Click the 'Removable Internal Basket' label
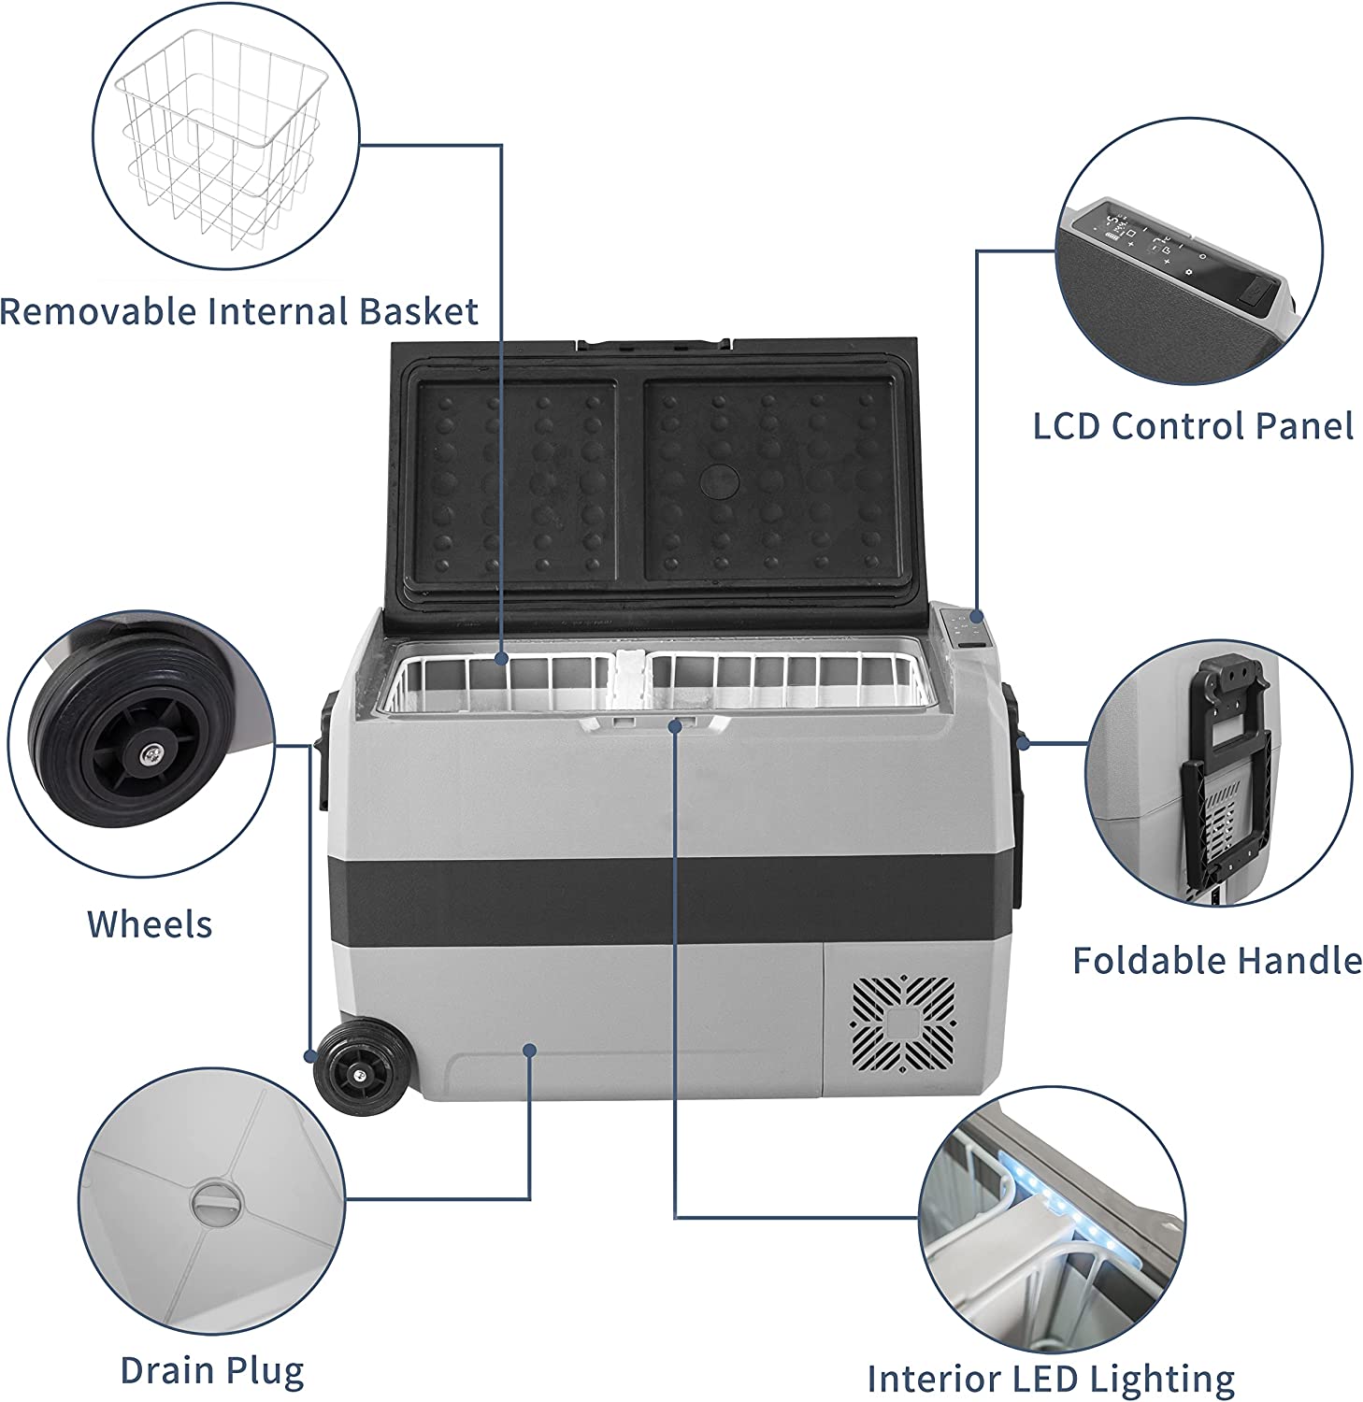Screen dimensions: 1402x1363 [239, 311]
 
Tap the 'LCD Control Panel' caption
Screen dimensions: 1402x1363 [1193, 426]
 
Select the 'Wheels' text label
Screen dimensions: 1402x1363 [150, 924]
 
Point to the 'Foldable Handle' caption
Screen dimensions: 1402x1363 [1216, 961]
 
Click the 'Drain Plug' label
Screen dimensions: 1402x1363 [212, 1371]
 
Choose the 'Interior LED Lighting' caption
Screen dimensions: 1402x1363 [1051, 1379]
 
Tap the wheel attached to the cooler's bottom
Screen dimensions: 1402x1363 [358, 1069]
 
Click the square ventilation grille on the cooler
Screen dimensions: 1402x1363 [903, 1023]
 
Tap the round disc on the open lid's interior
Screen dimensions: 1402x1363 [719, 479]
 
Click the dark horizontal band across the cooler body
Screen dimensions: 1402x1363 [654, 894]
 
